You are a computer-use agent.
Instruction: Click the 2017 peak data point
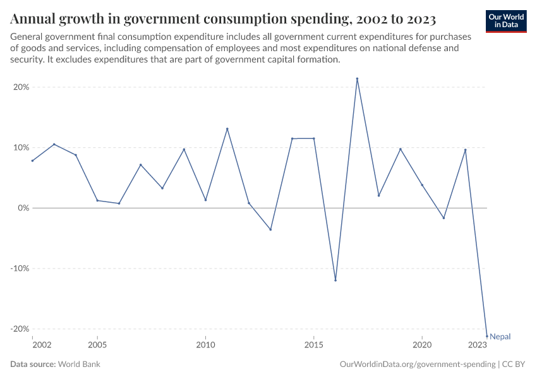(x=357, y=79)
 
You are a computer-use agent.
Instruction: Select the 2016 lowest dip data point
(x=335, y=280)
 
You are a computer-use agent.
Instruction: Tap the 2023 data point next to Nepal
(x=486, y=335)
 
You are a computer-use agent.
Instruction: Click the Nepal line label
(x=500, y=337)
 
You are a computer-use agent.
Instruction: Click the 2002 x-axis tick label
(x=42, y=345)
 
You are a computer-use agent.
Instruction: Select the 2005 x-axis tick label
(x=97, y=345)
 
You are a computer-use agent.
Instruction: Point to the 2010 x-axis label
(x=205, y=345)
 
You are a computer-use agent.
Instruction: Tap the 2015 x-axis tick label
(x=314, y=345)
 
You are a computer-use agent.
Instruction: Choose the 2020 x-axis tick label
(x=422, y=345)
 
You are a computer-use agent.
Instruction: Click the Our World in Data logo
(x=506, y=21)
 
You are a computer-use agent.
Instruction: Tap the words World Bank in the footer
(x=79, y=364)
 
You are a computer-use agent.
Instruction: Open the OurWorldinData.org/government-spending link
(x=418, y=364)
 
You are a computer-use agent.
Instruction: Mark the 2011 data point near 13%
(x=227, y=129)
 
